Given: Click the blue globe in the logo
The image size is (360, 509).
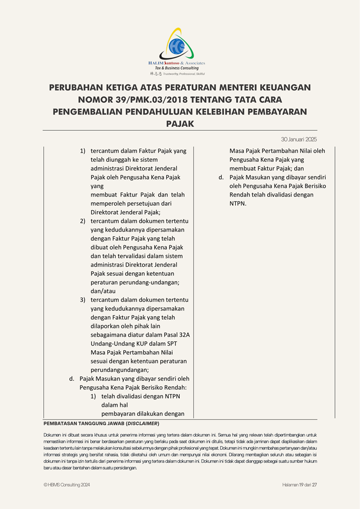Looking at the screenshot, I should point(178,46).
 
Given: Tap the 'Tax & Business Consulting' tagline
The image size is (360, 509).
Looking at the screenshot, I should point(177,68).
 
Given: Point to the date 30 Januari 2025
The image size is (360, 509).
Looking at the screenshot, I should point(299,139).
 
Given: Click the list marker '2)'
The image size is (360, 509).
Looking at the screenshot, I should point(82,221).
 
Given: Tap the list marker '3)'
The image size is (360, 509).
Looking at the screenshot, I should point(82,300).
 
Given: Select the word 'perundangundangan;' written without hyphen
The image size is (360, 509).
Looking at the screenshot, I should point(120,370).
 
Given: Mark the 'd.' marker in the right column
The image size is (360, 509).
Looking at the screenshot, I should point(221,177).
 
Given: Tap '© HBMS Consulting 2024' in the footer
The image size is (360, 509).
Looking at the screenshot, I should point(67,485).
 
